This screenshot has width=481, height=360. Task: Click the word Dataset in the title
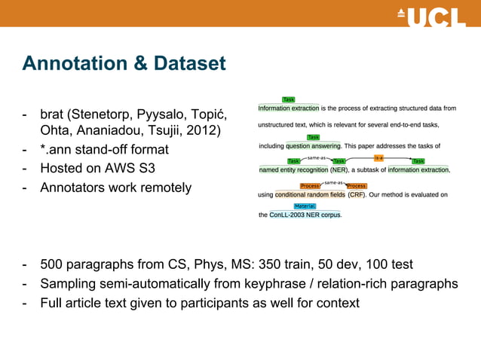coord(185,64)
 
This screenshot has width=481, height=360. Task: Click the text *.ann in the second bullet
coord(57,150)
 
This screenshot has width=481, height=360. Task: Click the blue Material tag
coord(305,206)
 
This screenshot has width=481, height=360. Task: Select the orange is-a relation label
coord(379,158)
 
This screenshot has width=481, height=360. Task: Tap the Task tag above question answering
coord(313,137)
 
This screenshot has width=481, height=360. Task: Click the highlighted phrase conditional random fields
coord(310,194)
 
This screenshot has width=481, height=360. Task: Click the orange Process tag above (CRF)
coord(356,185)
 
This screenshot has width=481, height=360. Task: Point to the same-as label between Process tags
coord(333,183)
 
